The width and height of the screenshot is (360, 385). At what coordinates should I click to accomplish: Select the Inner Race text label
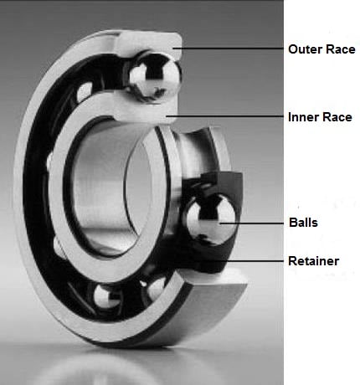pos(319,116)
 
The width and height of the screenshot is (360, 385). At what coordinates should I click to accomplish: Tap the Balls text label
pos(302,223)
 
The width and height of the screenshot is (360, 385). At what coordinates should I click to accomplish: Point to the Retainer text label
pos(313,261)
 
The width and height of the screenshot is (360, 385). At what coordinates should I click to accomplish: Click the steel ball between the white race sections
pos(152,74)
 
